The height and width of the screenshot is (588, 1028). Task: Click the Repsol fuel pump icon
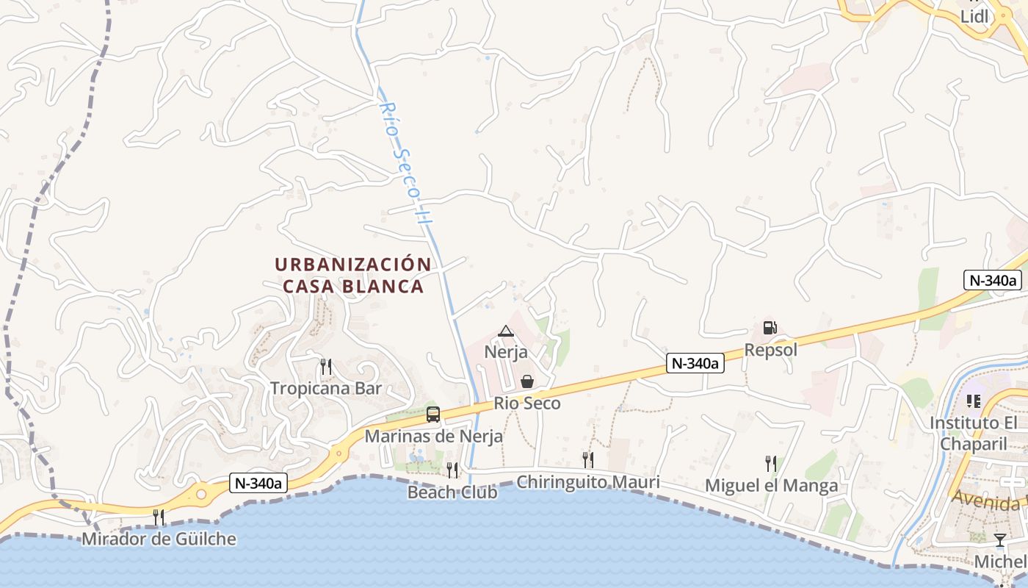click(x=770, y=328)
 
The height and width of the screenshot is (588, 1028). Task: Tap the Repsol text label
click(x=770, y=350)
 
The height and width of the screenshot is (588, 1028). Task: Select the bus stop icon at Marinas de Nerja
click(x=433, y=415)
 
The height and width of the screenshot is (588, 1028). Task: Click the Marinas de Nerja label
click(x=434, y=436)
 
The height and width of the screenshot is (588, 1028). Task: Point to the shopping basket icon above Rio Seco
click(x=527, y=381)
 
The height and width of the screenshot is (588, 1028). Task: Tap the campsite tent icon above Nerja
click(x=505, y=331)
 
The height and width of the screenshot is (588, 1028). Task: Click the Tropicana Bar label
click(x=326, y=388)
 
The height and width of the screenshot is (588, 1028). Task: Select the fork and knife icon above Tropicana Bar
click(x=326, y=365)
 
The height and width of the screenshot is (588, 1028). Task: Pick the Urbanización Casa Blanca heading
click(x=353, y=275)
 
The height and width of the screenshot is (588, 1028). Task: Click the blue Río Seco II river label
click(x=404, y=162)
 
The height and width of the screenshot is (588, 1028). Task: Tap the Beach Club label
click(x=452, y=492)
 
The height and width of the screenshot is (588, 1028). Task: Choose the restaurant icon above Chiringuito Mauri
click(x=587, y=460)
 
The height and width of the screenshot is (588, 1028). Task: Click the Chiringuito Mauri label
click(x=588, y=482)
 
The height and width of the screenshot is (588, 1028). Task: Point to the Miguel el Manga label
click(x=771, y=486)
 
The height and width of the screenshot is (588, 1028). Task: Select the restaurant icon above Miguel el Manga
click(x=770, y=463)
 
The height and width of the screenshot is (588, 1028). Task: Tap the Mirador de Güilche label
click(x=159, y=539)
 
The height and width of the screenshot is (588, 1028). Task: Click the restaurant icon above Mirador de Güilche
click(x=159, y=517)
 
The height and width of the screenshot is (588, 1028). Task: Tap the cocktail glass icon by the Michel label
click(x=999, y=540)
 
